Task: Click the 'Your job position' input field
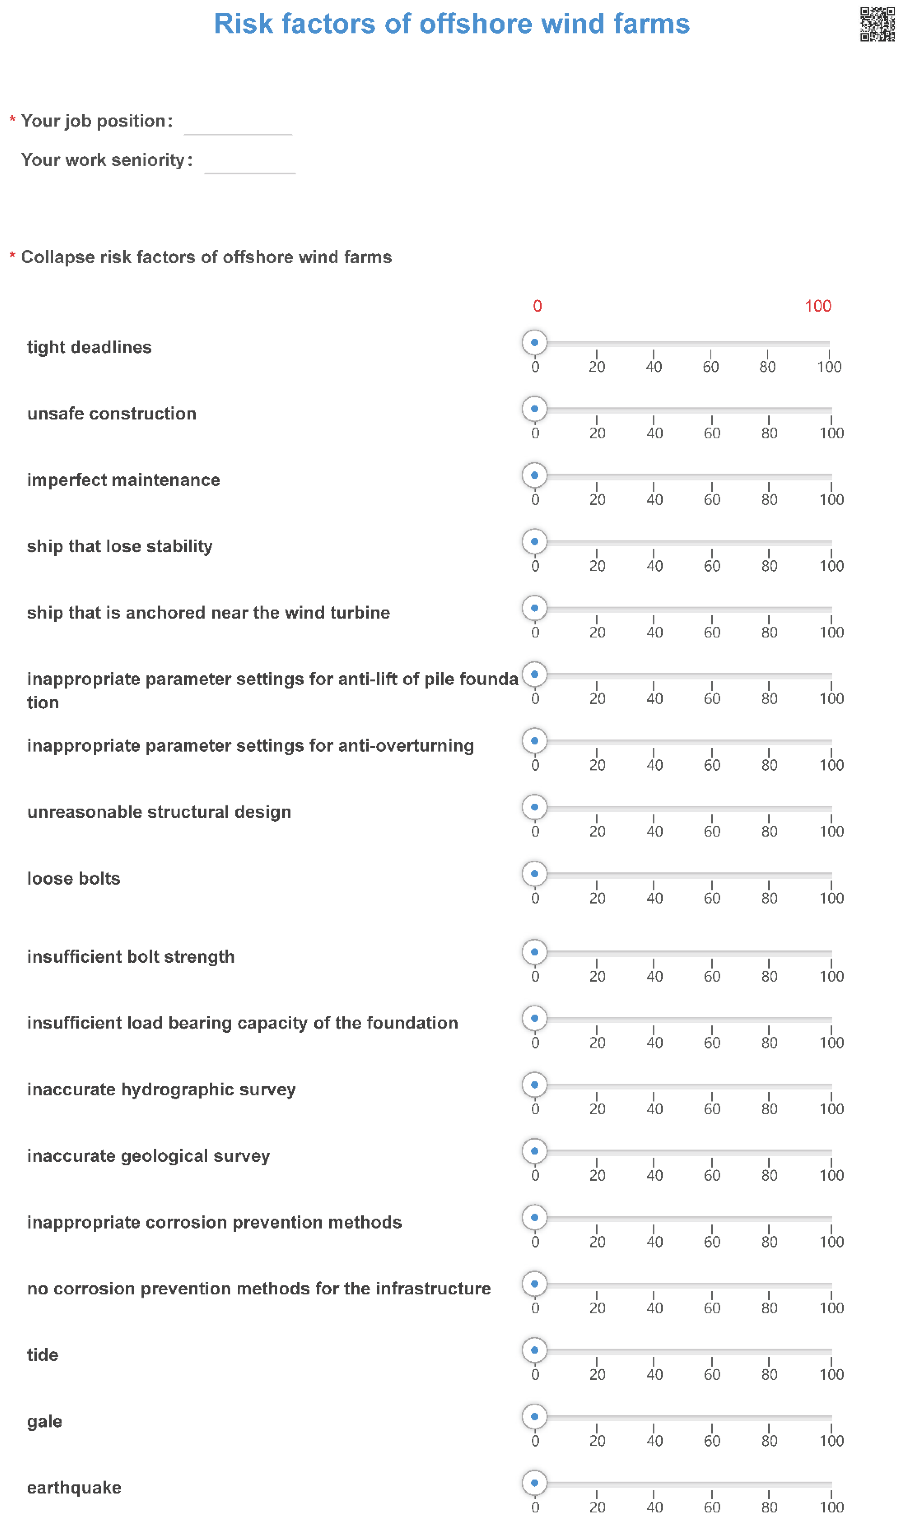(238, 123)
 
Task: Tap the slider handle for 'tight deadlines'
(534, 342)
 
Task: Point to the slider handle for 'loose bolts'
(534, 874)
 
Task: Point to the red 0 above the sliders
(537, 306)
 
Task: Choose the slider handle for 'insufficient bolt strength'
(534, 952)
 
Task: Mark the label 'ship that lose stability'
(120, 546)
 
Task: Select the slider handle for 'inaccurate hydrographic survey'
(534, 1085)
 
